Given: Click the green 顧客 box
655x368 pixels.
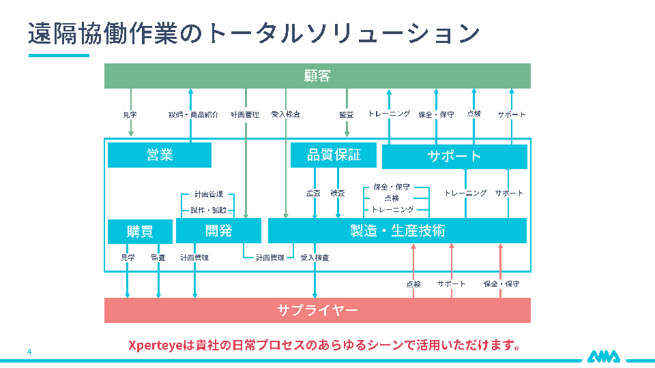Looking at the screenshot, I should (317, 76).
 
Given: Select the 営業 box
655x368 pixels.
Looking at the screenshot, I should (160, 155).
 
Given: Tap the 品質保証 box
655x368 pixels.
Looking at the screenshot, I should (334, 155).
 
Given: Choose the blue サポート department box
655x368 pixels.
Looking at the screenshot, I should (454, 157).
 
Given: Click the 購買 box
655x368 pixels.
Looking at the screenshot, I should (140, 232).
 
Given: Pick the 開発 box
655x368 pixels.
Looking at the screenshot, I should (218, 231).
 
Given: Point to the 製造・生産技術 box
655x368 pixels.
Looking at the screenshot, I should (397, 231).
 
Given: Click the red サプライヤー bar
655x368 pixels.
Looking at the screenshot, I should (317, 310).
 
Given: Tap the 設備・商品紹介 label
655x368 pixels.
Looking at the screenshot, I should (194, 114).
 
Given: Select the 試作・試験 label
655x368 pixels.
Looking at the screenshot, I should (209, 210).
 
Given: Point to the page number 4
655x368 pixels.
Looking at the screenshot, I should (29, 352).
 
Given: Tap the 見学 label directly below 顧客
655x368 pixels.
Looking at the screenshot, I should (130, 114).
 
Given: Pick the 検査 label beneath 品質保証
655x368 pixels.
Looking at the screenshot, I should (338, 193).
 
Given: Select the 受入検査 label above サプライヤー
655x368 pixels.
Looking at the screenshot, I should (315, 258).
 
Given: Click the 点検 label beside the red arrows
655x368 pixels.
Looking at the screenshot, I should (413, 283).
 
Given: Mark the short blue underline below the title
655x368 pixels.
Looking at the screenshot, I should (59, 55).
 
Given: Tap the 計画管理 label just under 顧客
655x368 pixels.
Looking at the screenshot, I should (245, 114).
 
